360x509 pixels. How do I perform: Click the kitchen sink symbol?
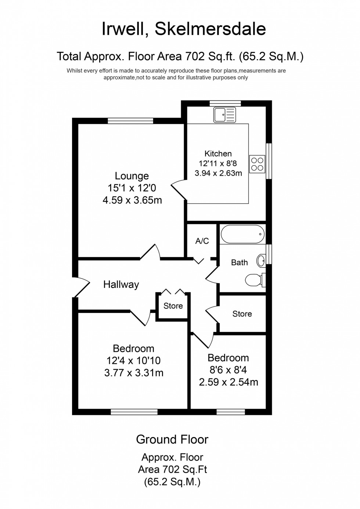[x=225, y=115]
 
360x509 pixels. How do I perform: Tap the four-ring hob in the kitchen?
[x=257, y=164]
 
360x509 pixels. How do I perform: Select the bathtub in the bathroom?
[x=242, y=234]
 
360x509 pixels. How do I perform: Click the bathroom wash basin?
[x=261, y=261]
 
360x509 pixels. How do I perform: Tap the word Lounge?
[x=132, y=176]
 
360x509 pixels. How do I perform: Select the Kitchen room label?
[x=218, y=154]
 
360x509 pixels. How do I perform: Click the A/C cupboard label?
[x=202, y=241]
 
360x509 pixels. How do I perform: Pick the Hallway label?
[x=121, y=284]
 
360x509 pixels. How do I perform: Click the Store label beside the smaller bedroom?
[x=242, y=314]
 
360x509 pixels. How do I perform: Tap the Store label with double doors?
[x=173, y=306]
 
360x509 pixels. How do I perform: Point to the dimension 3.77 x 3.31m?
[x=134, y=373]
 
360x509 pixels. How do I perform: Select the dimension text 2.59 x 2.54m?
[x=228, y=382]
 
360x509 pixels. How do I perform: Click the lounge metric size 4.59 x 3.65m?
[x=132, y=200]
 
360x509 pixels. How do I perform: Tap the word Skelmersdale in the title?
[x=210, y=29]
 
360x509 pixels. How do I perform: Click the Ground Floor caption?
[x=172, y=439]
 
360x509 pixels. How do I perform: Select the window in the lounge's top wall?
[x=130, y=121]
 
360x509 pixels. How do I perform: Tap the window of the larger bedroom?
[x=134, y=412]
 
